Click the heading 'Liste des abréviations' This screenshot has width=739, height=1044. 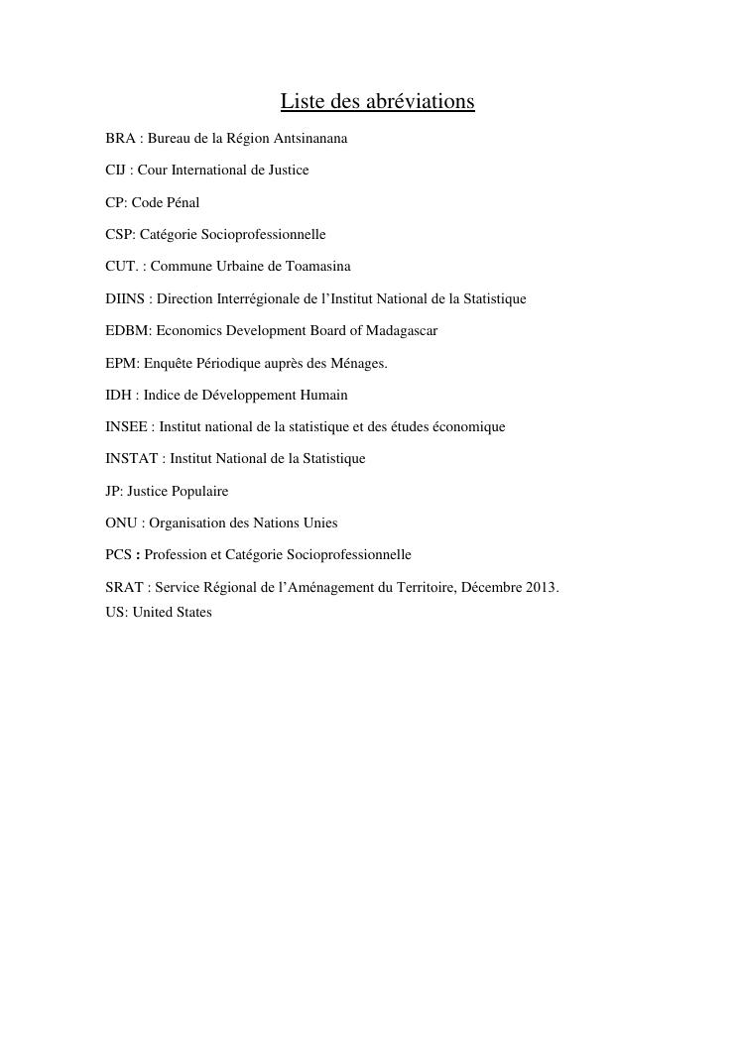[x=377, y=102]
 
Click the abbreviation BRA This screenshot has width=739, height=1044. [x=120, y=139]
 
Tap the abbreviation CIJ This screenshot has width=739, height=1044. [x=116, y=171]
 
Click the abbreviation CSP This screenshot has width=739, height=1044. [x=119, y=235]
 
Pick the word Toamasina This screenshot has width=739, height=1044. [x=318, y=267]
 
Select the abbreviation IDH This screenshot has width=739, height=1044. [x=118, y=395]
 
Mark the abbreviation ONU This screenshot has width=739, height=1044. [x=121, y=522]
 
